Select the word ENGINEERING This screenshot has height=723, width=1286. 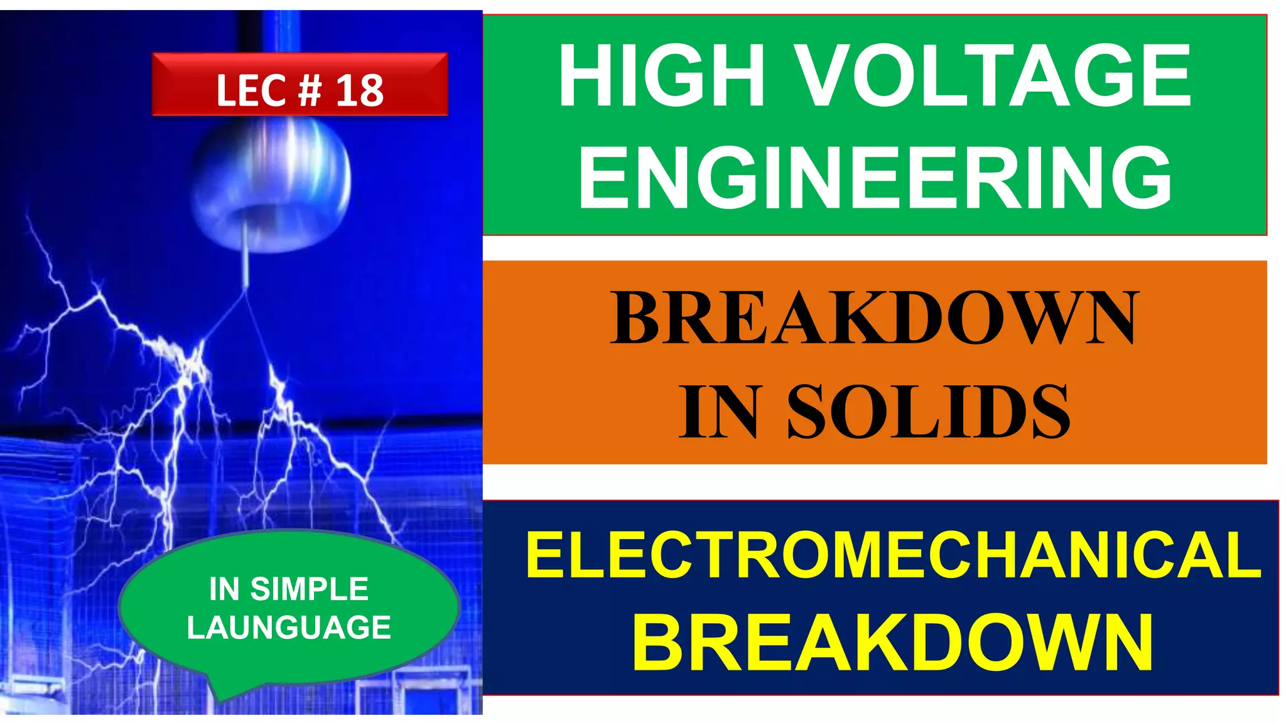point(875,177)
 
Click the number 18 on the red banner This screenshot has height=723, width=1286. point(359,90)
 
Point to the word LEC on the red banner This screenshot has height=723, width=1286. point(252,90)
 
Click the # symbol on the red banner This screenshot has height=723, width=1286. point(310,90)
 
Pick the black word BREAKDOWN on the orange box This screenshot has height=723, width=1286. point(875,318)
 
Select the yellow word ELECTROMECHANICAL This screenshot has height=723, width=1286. point(893,555)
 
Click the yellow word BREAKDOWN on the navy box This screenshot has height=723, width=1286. point(893,643)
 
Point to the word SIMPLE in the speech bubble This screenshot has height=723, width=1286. point(309,589)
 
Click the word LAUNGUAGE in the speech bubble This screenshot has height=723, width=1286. point(289,628)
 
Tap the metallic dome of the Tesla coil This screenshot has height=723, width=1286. point(271,182)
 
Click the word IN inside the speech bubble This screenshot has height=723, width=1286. point(224,589)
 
